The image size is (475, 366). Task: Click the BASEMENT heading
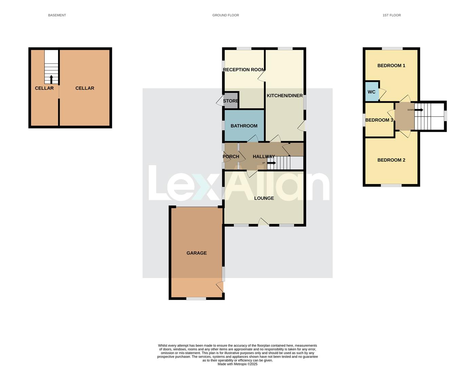point(57,15)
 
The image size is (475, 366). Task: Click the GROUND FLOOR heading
point(226,15)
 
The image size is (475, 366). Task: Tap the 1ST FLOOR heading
point(392,15)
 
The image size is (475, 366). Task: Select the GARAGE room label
point(196,253)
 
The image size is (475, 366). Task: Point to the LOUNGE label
point(264,198)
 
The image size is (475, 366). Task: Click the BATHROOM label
point(244,126)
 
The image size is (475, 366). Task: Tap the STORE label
point(231,101)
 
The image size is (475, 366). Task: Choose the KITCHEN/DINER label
point(285,96)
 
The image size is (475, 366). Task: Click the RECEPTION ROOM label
point(244,70)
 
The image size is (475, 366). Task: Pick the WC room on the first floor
point(372,92)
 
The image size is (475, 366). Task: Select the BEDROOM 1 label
point(391,66)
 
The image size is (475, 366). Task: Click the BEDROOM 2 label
point(391,160)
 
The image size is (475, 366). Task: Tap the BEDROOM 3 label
point(379,120)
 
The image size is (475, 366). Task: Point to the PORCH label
point(231,157)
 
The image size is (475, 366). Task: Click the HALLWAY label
point(264,157)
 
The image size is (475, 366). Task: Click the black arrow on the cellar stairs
point(51,79)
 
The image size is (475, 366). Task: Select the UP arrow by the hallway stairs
point(271,163)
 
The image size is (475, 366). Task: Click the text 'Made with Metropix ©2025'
point(237,364)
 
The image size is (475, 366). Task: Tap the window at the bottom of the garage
point(196,299)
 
